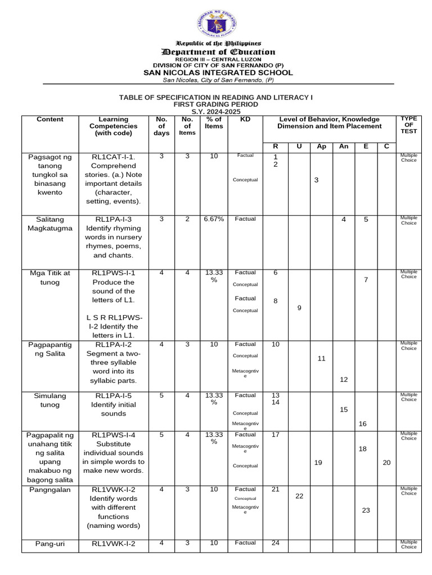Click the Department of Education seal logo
click(217, 24)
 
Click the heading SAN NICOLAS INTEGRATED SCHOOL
click(218, 72)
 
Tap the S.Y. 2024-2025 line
click(216, 111)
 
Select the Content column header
click(50, 120)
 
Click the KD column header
click(245, 120)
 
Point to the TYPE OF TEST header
click(409, 125)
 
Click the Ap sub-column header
click(321, 147)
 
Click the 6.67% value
click(214, 219)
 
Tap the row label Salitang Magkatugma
click(50, 223)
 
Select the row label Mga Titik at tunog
click(50, 277)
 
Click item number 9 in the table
click(299, 308)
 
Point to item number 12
click(344, 380)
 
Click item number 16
click(363, 424)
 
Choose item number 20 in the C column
click(386, 462)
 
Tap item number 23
click(366, 510)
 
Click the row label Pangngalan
click(50, 490)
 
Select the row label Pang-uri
click(50, 543)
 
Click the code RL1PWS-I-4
click(114, 435)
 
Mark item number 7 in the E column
click(366, 280)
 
